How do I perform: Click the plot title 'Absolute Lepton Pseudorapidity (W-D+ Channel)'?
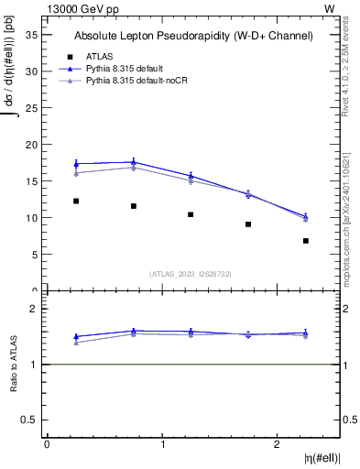(x=193, y=36)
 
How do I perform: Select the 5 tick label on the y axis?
(x=34, y=255)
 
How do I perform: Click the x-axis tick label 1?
(x=162, y=444)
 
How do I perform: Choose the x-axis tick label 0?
(x=47, y=444)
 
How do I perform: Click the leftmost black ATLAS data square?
(x=76, y=201)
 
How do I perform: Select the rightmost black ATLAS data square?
(x=306, y=241)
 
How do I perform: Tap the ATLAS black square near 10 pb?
(x=191, y=214)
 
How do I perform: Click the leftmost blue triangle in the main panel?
(x=76, y=164)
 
